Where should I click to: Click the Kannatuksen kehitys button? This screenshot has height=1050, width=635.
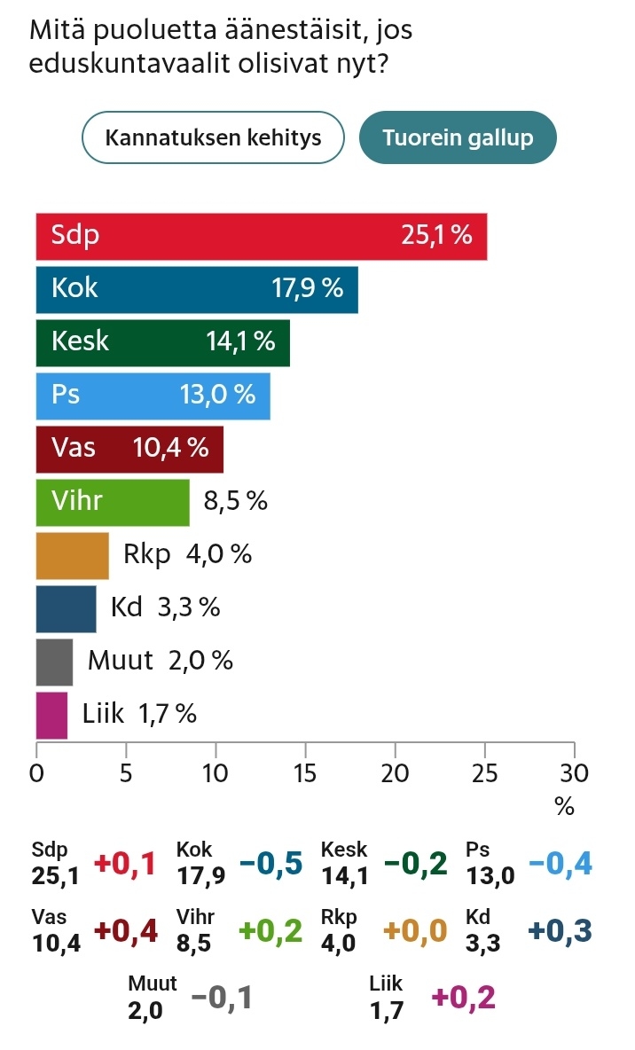[x=213, y=137]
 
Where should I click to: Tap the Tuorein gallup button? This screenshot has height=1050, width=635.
[x=458, y=137]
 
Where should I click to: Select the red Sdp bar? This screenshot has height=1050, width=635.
[x=262, y=237]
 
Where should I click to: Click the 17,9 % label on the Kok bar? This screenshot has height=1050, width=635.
[x=307, y=289]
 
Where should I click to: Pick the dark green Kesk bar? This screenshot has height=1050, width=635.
[x=162, y=342]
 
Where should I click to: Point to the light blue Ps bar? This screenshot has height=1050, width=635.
[x=153, y=395]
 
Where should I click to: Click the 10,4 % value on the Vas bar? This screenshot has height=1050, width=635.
[x=170, y=448]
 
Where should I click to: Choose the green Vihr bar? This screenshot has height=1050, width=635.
[x=113, y=501]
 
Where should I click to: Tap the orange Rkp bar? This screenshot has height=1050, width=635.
[x=72, y=554]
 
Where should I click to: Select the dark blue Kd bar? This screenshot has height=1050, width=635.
[x=66, y=607]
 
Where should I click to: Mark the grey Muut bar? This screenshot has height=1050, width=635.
[x=54, y=661]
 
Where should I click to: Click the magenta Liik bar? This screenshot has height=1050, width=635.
[x=51, y=714]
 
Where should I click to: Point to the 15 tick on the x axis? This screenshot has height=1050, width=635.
[x=305, y=772]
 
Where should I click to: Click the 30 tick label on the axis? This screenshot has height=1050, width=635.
[x=574, y=772]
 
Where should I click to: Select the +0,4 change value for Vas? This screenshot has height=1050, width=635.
[x=126, y=930]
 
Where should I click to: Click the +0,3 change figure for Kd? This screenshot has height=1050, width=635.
[x=560, y=930]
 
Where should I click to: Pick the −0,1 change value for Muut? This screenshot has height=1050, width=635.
[x=222, y=998]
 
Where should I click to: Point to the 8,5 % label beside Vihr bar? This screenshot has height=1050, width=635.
[x=235, y=502]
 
